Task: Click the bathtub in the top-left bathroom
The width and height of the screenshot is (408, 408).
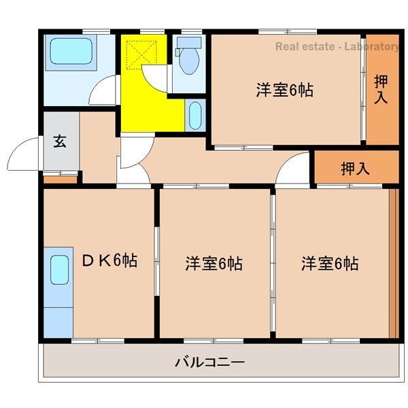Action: click(x=71, y=52)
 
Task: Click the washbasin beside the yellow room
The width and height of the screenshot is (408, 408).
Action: click(x=194, y=116)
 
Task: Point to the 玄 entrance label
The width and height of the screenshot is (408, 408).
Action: click(x=60, y=142)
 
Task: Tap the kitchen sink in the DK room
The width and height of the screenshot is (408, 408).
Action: click(x=59, y=270)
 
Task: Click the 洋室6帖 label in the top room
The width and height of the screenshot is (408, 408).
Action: click(x=284, y=90)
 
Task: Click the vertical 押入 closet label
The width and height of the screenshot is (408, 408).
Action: click(x=381, y=88)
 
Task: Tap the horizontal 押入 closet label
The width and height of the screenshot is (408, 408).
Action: click(x=355, y=168)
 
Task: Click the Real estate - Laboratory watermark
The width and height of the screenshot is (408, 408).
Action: click(x=337, y=47)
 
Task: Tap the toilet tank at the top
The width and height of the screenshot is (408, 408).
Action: click(x=188, y=42)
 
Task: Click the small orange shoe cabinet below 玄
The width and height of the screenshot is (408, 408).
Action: click(x=61, y=180)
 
